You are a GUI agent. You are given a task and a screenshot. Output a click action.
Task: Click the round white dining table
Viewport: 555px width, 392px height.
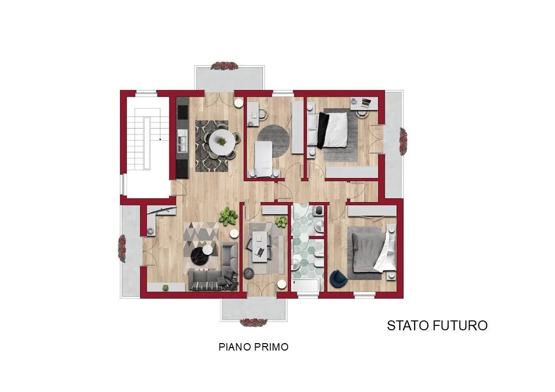[x=221, y=143]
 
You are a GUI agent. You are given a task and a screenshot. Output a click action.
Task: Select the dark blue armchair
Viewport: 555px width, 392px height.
[x=338, y=278]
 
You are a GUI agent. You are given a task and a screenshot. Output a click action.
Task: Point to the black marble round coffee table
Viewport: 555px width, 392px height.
[x=200, y=256]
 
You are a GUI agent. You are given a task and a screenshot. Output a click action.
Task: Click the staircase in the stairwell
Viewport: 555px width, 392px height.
[x=148, y=139]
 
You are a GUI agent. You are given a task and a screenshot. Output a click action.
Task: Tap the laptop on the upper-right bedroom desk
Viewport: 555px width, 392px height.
[x=366, y=103]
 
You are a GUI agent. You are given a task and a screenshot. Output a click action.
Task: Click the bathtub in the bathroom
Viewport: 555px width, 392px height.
[x=306, y=285]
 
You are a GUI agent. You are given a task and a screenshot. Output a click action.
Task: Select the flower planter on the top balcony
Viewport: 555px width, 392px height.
[x=224, y=66]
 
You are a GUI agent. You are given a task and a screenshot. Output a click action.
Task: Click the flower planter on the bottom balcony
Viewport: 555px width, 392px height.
[x=254, y=322]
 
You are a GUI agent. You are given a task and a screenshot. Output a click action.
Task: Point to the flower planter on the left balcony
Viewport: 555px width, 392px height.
[x=122, y=248]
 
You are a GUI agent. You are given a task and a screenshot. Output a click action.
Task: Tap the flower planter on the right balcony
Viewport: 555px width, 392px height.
[x=403, y=141]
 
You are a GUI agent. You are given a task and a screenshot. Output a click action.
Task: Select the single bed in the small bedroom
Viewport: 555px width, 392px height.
[x=263, y=159]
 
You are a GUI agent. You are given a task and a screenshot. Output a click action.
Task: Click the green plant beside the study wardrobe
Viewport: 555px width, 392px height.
[x=281, y=222]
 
